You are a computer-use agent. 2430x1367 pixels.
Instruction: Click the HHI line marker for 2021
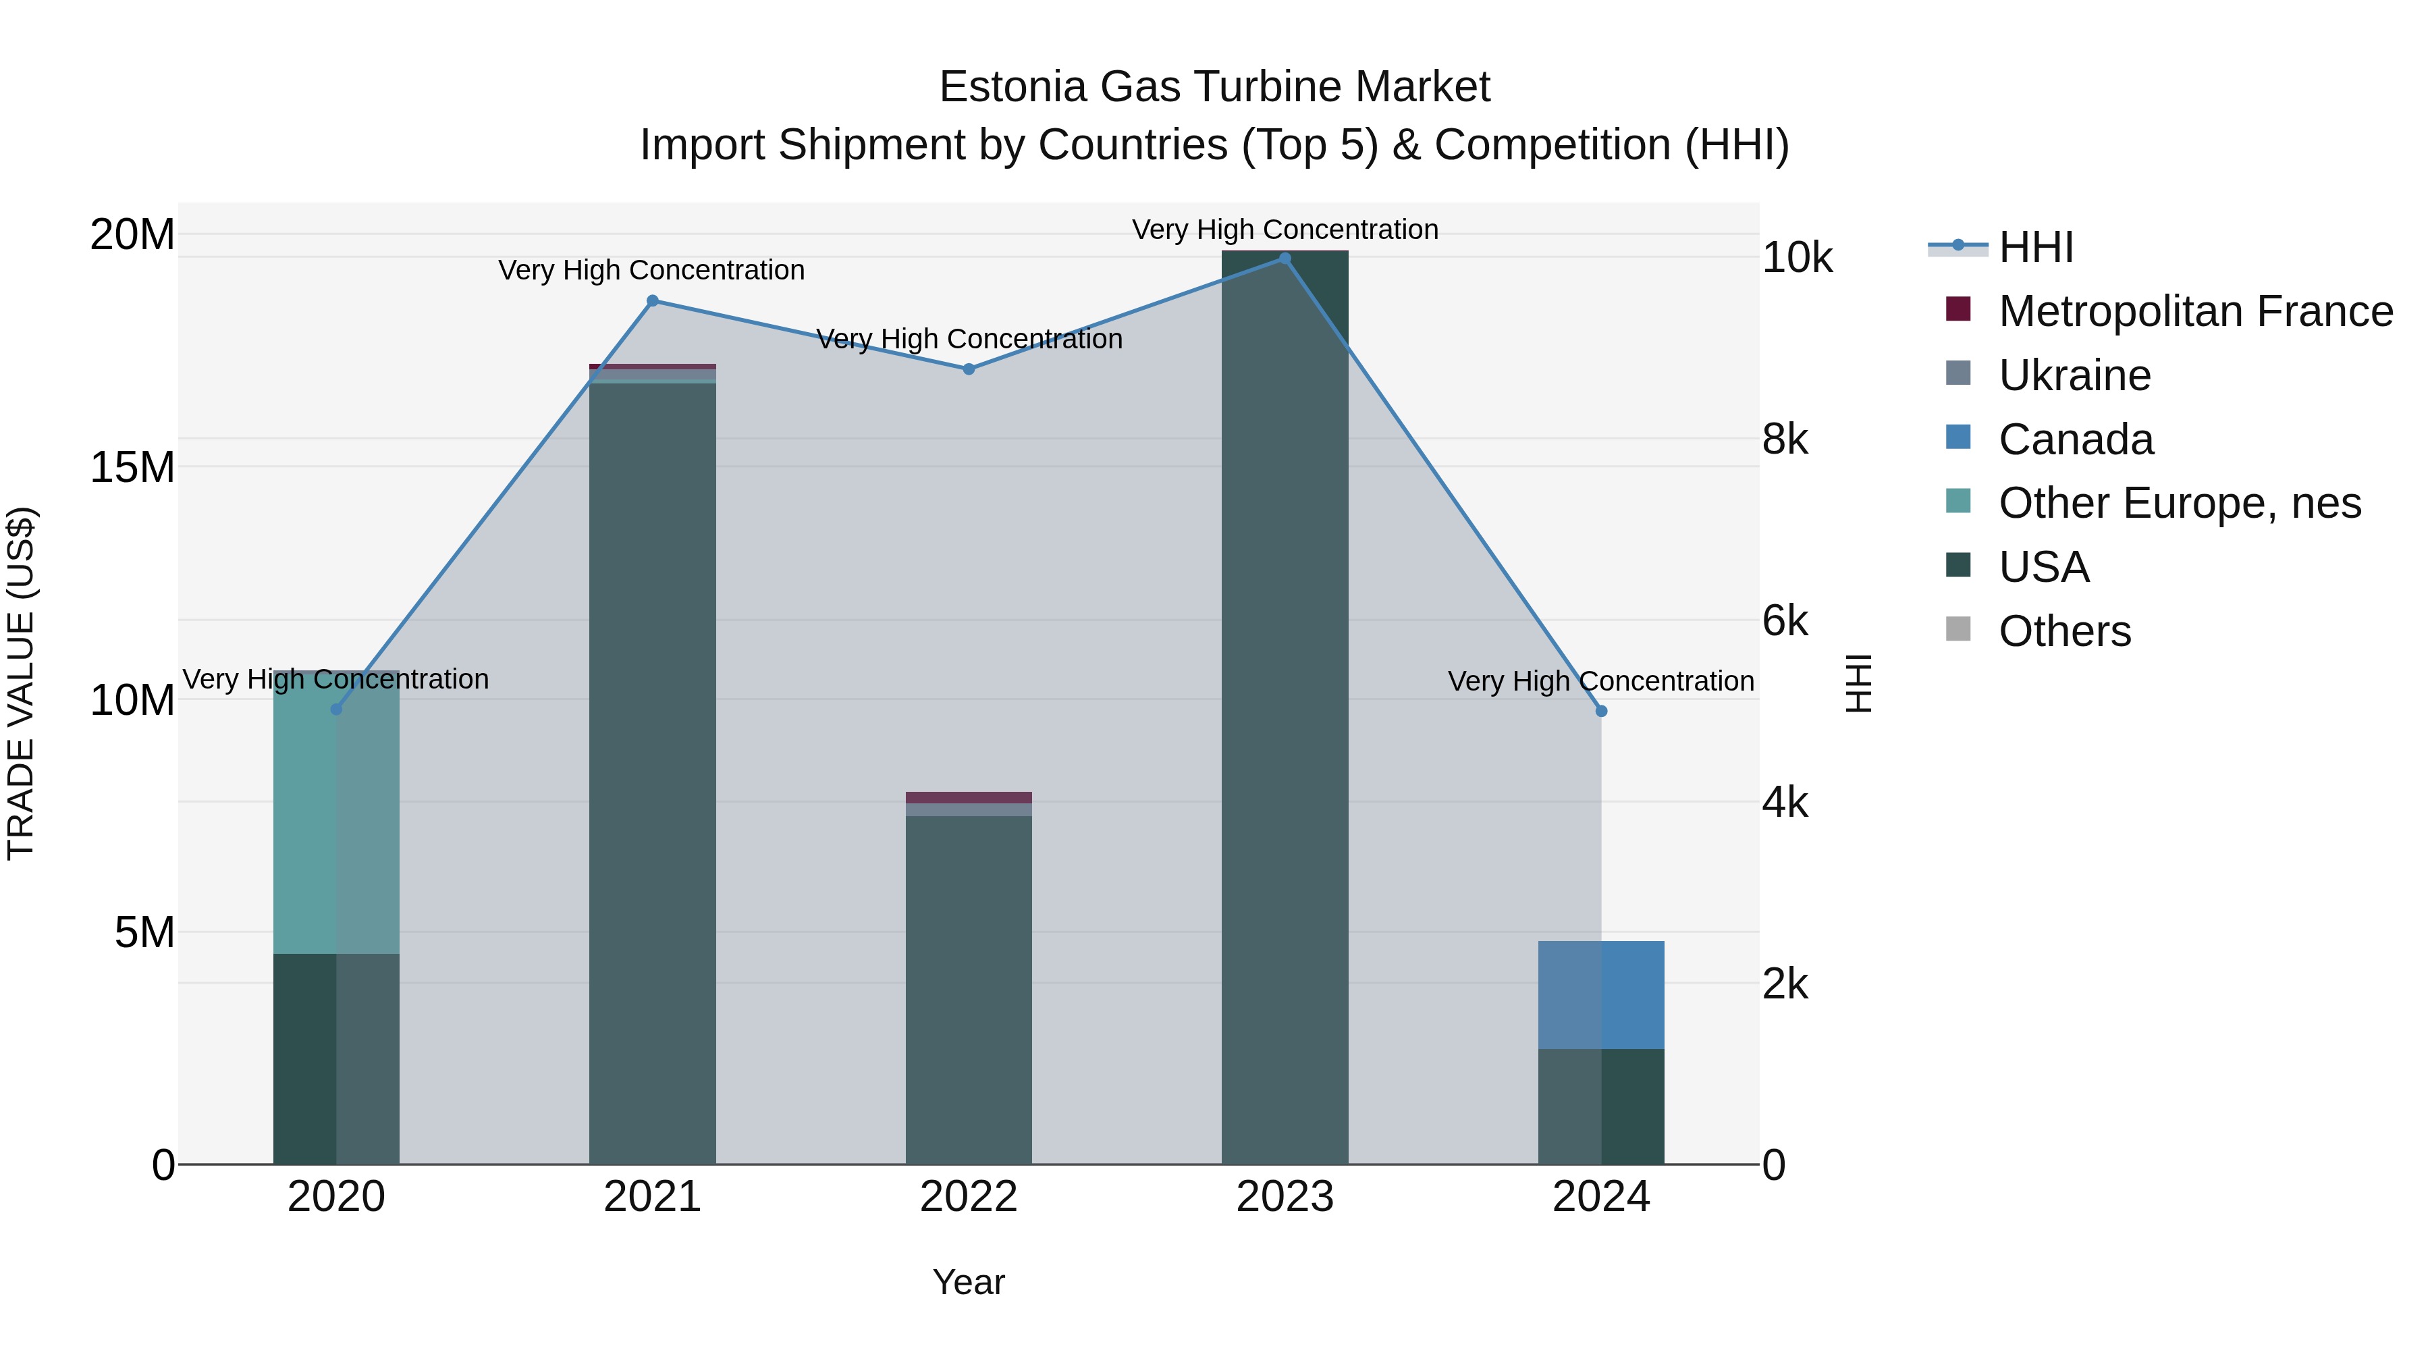(x=652, y=301)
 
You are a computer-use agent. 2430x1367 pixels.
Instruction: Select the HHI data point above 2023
(x=1285, y=258)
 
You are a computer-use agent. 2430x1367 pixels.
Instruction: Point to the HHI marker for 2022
(x=969, y=369)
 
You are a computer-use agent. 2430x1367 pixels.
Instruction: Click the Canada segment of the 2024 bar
(x=1601, y=994)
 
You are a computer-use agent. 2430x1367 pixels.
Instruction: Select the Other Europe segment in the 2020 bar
(x=336, y=812)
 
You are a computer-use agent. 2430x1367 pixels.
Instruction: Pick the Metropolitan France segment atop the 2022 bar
(x=969, y=797)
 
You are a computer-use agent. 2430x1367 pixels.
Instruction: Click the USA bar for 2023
(x=1285, y=707)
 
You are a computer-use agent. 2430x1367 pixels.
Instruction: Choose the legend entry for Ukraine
(x=2074, y=375)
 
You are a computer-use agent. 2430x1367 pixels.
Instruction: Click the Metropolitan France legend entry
(x=2195, y=311)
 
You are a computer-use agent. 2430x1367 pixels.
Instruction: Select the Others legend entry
(x=2064, y=631)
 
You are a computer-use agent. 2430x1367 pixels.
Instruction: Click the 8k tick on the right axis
(x=1785, y=439)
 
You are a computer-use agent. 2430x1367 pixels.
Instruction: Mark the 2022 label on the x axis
(x=969, y=1197)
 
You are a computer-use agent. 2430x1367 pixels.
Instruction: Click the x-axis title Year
(x=969, y=1282)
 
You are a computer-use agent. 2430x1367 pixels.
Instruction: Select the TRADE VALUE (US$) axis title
(x=21, y=683)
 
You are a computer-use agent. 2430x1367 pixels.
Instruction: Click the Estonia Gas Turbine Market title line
(x=1214, y=87)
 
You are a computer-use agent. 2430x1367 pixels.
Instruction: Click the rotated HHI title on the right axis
(x=1858, y=683)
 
